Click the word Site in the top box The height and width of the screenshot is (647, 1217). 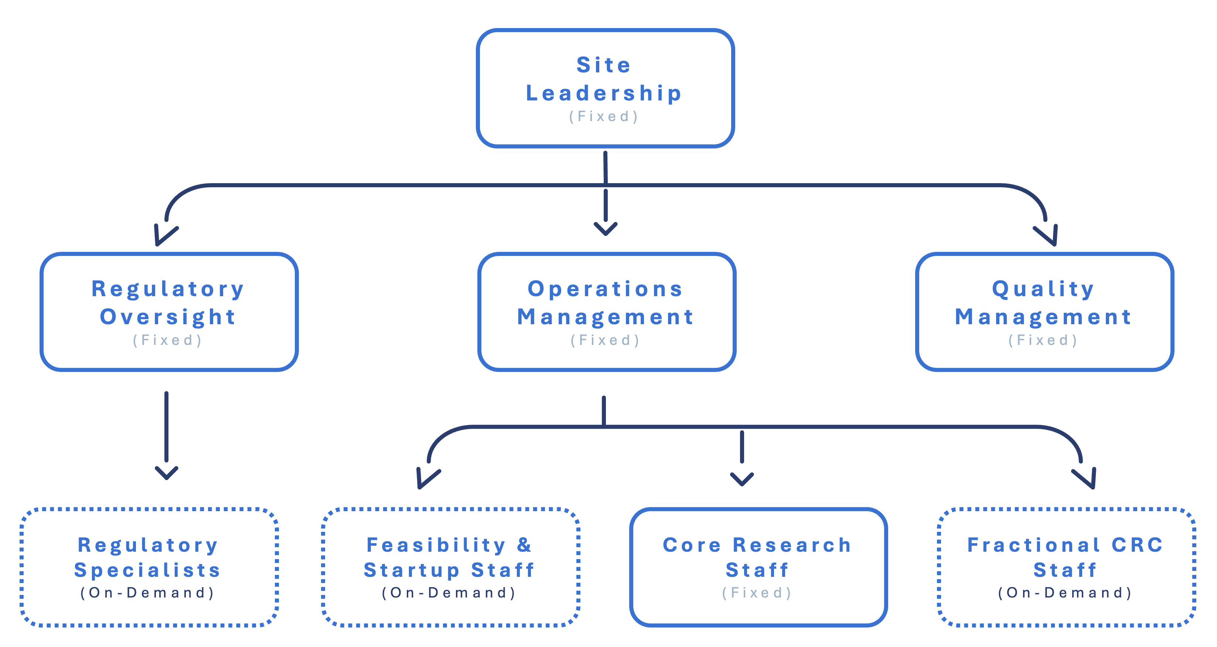tap(603, 65)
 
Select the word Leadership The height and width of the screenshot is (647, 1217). tap(604, 93)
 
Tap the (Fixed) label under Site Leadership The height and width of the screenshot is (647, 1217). tap(604, 117)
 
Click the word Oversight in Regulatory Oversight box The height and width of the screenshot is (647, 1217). tap(168, 317)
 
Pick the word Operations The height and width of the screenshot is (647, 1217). tap(605, 289)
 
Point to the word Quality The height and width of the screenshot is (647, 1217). tap(1043, 289)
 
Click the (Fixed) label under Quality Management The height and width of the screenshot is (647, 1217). tap(1043, 340)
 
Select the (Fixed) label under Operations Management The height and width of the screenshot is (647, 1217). tap(605, 340)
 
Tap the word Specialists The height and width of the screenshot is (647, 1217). tap(147, 571)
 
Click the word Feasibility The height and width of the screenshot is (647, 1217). tap(436, 545)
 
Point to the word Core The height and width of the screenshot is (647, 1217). tap(692, 545)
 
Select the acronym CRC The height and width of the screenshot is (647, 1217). tap(1137, 545)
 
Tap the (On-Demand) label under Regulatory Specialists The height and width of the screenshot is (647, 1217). tap(147, 593)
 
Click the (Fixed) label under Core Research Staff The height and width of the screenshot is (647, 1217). tap(757, 593)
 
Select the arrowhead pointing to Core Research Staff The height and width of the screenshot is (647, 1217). tap(742, 479)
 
